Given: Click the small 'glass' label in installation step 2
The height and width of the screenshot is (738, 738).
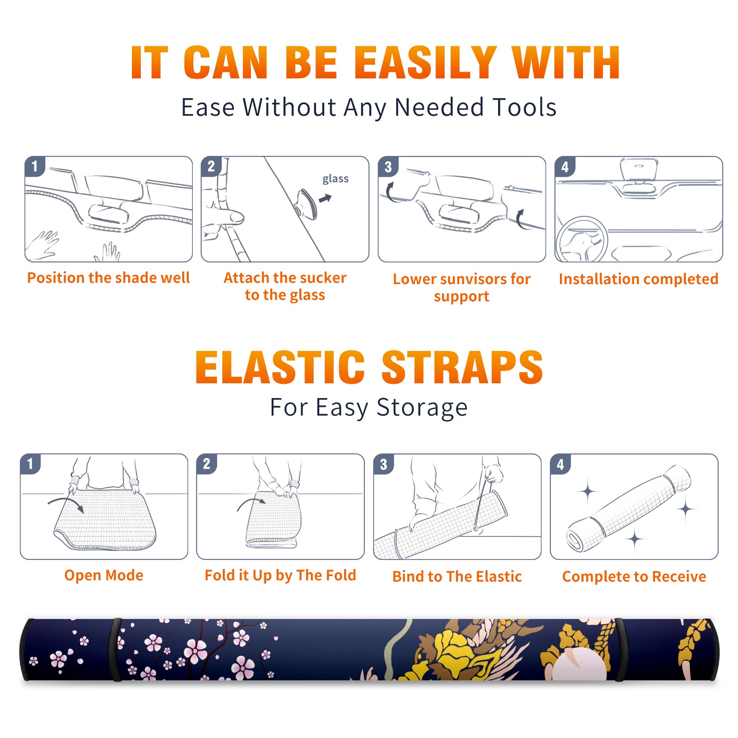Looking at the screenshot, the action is [x=335, y=179].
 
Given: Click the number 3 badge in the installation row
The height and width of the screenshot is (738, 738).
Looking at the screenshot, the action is [x=388, y=167].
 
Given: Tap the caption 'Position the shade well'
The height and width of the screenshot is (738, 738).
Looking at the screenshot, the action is [x=108, y=278].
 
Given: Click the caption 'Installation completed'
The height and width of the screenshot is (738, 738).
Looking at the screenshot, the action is [x=638, y=279].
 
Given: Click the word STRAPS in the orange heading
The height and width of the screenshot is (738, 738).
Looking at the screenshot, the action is [x=462, y=367].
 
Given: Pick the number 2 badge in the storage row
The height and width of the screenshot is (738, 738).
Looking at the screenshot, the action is [x=206, y=464].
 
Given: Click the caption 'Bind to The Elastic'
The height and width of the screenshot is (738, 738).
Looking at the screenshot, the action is [x=457, y=576].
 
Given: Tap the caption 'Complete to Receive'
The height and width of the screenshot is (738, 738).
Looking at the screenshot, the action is [x=634, y=576].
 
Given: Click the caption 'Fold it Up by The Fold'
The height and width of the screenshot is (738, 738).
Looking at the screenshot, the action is [x=280, y=575].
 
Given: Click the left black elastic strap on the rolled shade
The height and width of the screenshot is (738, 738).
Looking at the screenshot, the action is [x=115, y=649].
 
